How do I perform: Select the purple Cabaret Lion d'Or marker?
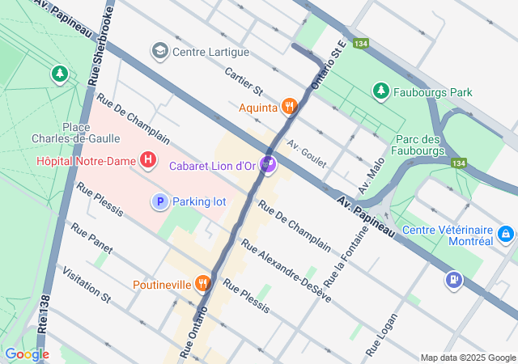(269, 165)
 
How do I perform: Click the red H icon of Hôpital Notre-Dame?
(147, 160)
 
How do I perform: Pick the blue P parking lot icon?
(160, 201)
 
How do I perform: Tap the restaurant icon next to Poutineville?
(202, 284)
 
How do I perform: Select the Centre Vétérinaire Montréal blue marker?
(505, 234)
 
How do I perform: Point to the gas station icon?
(452, 280)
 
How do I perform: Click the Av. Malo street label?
(368, 179)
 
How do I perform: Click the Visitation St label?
(86, 286)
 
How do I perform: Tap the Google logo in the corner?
(27, 353)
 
